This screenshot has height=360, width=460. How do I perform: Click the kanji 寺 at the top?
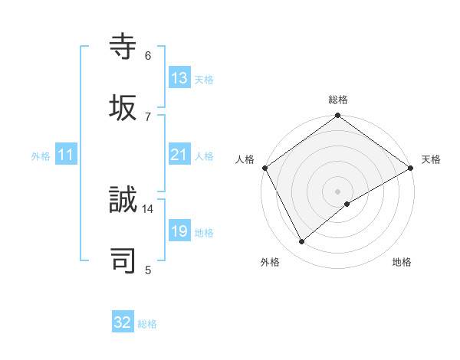pyautogui.click(x=123, y=47)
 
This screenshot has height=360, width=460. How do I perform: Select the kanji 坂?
pyautogui.click(x=123, y=107)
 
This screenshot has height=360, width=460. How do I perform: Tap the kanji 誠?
pyautogui.click(x=123, y=201)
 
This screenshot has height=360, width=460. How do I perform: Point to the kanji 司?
pyautogui.click(x=123, y=260)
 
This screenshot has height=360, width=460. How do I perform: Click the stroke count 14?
pyautogui.click(x=148, y=208)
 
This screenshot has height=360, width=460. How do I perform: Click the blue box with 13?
pyautogui.click(x=179, y=77)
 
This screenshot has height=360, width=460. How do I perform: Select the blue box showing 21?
pyautogui.click(x=179, y=155)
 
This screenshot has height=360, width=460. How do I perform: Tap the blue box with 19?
pyautogui.click(x=179, y=231)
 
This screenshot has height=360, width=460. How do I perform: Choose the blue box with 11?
pyautogui.click(x=66, y=155)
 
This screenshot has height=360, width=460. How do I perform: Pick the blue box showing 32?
pyautogui.click(x=123, y=322)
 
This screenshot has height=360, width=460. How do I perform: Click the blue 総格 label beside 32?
pyautogui.click(x=147, y=324)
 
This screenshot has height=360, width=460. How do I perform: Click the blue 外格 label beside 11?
pyautogui.click(x=41, y=156)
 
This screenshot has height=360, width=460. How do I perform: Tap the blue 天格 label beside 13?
pyautogui.click(x=203, y=80)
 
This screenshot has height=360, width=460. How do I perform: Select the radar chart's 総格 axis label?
pyautogui.click(x=338, y=100)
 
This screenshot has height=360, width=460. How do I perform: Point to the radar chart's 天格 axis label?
pyautogui.click(x=432, y=159)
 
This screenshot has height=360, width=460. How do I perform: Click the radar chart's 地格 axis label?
pyautogui.click(x=402, y=262)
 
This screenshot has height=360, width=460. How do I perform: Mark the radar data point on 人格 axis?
pyautogui.click(x=264, y=167)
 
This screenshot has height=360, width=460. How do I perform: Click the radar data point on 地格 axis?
pyautogui.click(x=347, y=204)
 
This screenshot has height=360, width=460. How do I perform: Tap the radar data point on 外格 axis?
pyautogui.click(x=302, y=241)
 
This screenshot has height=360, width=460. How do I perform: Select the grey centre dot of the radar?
pyautogui.click(x=338, y=191)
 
